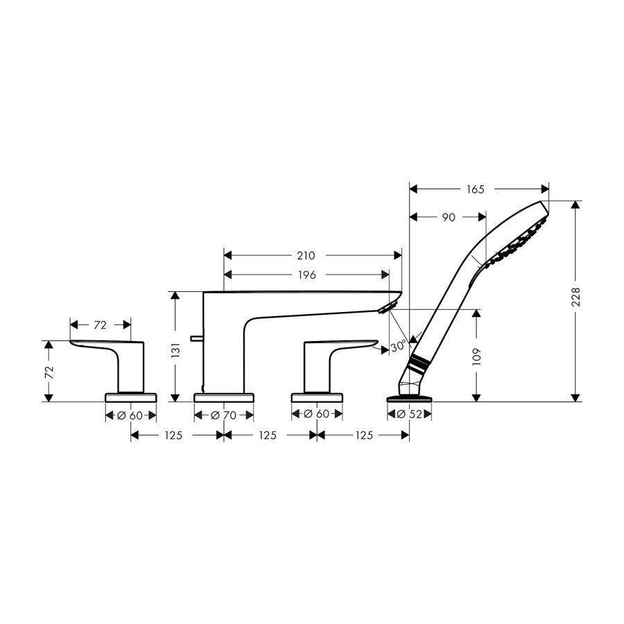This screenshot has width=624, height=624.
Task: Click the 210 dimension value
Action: click(306, 255)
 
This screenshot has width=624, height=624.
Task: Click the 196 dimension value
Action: click(307, 275)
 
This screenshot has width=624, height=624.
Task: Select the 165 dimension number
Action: click(475, 189)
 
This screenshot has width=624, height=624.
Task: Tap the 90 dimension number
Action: click(449, 217)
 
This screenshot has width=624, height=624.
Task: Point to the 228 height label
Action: click(575, 297)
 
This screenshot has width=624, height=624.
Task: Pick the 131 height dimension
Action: click(175, 350)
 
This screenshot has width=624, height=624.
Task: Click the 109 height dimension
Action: click(476, 356)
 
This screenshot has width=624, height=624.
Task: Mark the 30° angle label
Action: click(399, 346)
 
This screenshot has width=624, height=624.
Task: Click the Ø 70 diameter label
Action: click(224, 415)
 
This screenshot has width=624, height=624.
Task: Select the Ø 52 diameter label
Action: click(410, 415)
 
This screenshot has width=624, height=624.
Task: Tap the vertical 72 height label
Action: click(49, 372)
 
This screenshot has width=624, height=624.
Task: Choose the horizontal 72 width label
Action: click(101, 325)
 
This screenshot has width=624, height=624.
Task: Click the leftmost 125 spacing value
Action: click(173, 435)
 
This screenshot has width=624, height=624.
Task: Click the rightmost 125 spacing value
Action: click(364, 435)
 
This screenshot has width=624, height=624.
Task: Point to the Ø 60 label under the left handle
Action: click(130, 415)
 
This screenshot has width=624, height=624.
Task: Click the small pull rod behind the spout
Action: click(197, 338)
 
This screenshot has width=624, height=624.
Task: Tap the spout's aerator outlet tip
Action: click(386, 308)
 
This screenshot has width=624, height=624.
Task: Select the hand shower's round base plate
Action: click(410, 399)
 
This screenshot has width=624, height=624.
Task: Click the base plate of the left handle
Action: click(131, 397)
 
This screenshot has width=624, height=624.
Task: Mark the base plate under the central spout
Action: click(224, 397)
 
